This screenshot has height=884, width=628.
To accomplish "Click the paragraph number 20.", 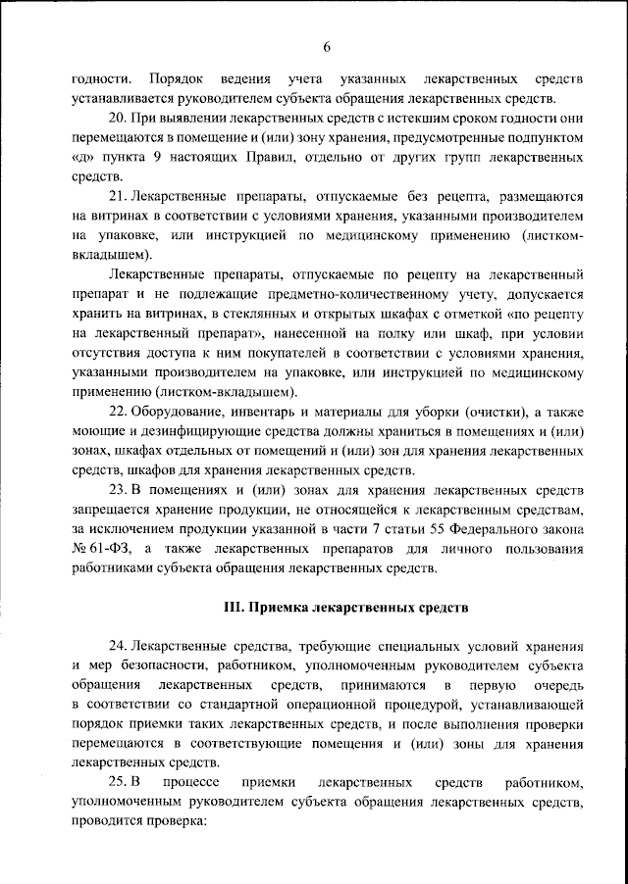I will click(x=120, y=118).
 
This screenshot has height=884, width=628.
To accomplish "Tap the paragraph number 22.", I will click(x=120, y=415).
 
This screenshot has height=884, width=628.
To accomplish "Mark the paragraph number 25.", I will click(x=120, y=781).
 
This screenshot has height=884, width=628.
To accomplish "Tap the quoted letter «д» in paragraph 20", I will click(x=82, y=157).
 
